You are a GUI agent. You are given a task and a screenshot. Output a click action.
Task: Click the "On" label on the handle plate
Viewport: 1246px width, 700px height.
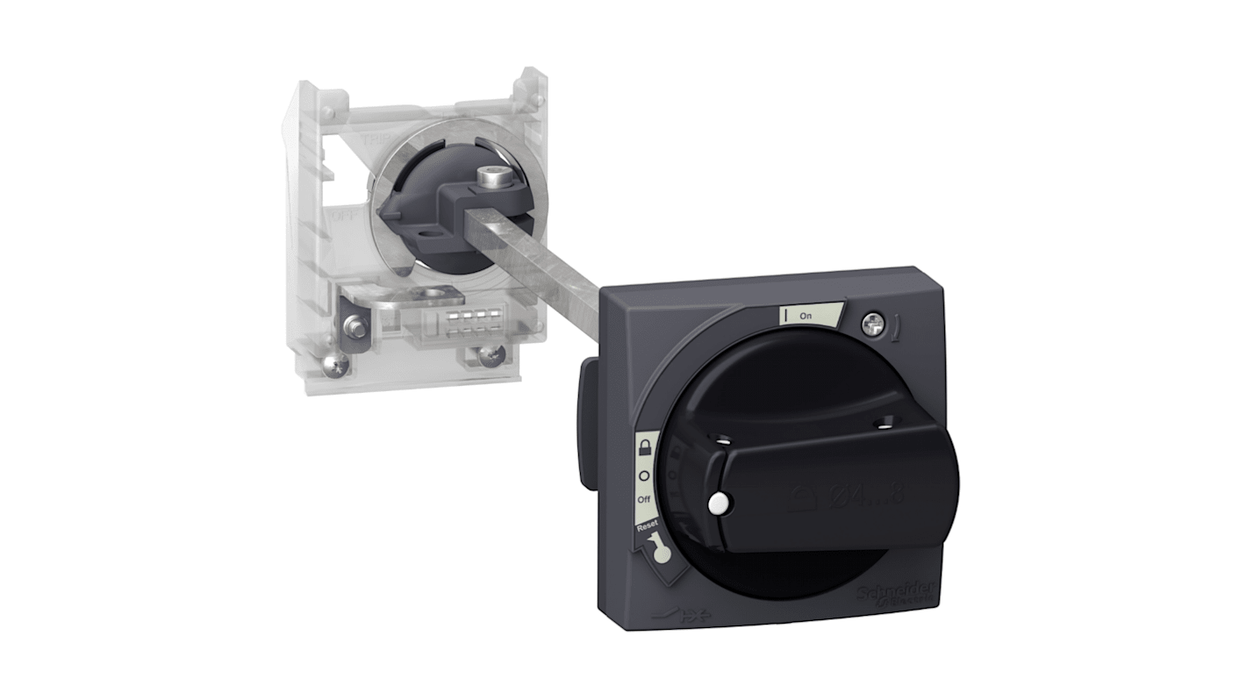point(805,316)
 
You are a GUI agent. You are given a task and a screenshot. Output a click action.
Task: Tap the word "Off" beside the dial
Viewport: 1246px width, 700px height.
point(644,497)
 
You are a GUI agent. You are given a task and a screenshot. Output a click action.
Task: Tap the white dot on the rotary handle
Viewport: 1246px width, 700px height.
point(718,504)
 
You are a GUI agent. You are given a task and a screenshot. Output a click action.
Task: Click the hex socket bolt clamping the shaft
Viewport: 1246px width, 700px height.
point(491,180)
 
